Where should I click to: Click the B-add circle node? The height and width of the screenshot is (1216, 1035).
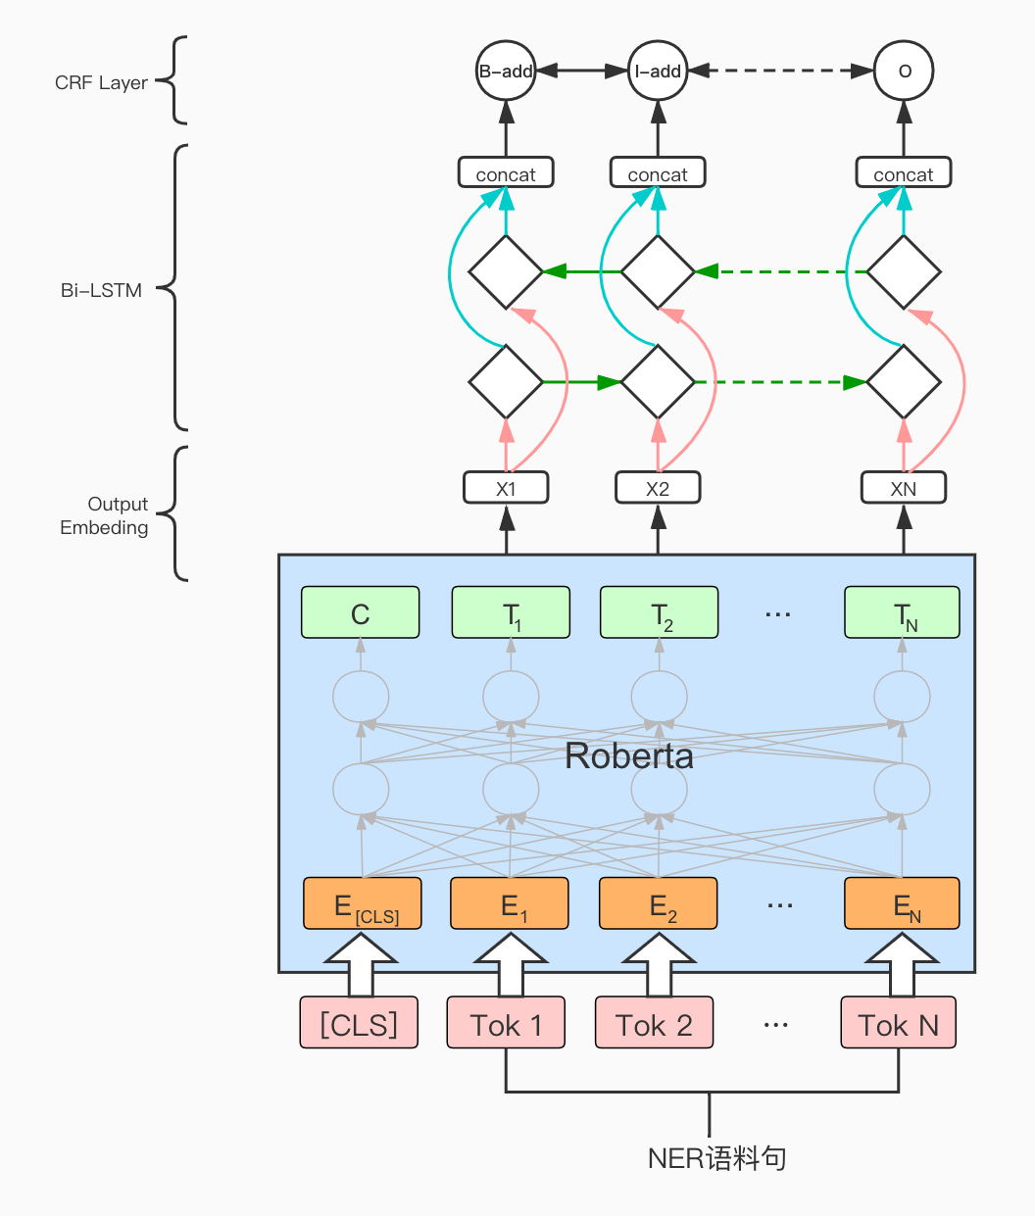(x=506, y=71)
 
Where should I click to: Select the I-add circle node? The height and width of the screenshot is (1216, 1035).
(x=658, y=71)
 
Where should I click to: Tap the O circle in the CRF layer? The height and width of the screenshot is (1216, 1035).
(x=904, y=71)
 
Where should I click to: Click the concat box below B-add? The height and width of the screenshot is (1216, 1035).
(x=506, y=173)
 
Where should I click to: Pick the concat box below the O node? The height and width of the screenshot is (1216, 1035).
(x=904, y=173)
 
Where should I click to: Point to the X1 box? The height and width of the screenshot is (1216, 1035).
(x=506, y=488)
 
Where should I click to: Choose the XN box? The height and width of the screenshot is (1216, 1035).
(x=904, y=488)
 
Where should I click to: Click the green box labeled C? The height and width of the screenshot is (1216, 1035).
(x=360, y=613)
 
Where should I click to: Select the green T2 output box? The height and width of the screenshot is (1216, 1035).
(x=659, y=613)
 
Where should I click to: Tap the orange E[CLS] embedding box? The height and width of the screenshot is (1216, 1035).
(x=363, y=904)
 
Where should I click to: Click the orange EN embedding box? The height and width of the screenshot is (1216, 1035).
(x=902, y=904)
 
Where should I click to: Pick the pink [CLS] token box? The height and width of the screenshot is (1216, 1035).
(x=359, y=1023)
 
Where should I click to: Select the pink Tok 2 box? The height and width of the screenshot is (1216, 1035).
(x=654, y=1023)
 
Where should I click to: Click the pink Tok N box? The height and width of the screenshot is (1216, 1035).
(x=898, y=1023)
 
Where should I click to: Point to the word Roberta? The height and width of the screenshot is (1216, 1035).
(x=629, y=755)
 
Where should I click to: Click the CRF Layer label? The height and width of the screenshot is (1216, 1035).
(x=101, y=83)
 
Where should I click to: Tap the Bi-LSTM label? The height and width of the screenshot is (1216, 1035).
(x=101, y=290)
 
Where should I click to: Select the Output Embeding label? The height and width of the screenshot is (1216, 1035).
(x=105, y=515)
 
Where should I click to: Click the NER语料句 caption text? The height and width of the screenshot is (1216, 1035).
(x=716, y=1158)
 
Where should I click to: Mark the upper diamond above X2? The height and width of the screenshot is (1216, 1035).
(x=658, y=271)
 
